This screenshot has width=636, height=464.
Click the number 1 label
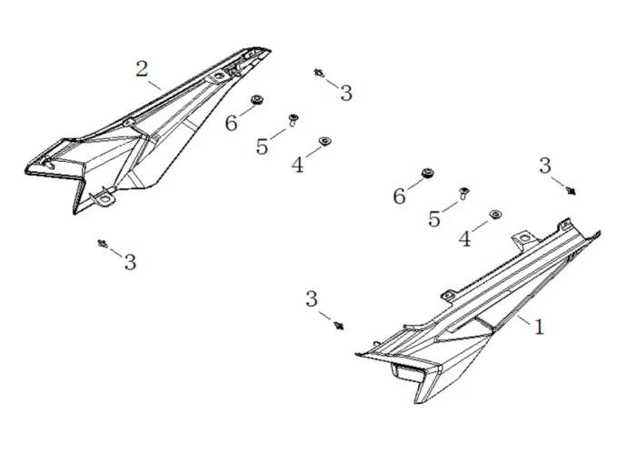coord(539,327)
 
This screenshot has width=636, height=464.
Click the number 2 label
coord(143,69)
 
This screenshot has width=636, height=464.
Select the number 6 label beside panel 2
coord(232,123)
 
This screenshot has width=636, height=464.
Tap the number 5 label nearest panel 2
coord(263,146)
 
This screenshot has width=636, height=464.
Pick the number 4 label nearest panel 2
coord(297,165)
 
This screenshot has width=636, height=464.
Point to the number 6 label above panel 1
coord(400,197)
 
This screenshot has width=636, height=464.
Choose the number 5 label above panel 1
coord(434,219)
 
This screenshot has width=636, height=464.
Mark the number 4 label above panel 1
coord(465,239)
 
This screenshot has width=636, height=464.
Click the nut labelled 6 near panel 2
coord(257,100)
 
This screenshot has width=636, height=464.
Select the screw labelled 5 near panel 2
coord(293,119)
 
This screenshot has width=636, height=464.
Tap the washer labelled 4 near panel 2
coord(324,141)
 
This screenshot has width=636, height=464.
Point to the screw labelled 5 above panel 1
coord(463,191)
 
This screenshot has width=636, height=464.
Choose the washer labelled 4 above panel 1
coord(495,214)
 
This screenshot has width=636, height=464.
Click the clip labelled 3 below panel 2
coord(102,243)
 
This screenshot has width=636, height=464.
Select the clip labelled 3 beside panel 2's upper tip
coord(319,72)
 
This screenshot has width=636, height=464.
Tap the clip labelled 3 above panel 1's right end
coord(571,189)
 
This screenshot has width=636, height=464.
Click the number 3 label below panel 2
coord(130,263)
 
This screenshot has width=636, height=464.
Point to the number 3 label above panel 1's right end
coord(545,165)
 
